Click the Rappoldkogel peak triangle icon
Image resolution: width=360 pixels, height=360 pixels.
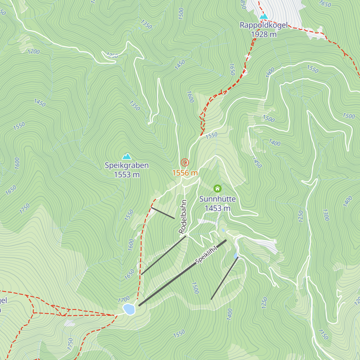263,16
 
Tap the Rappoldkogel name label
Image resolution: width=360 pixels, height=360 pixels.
264,25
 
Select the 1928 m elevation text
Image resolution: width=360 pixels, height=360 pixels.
264,34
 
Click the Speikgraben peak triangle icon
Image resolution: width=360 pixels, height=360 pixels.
127,156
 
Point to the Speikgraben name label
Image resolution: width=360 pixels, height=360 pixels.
127,165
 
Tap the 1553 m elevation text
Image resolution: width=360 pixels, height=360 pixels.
127,175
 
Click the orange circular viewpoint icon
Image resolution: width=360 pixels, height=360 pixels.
185,163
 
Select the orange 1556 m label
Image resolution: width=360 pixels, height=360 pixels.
185,173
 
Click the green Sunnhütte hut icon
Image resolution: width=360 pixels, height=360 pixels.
217,188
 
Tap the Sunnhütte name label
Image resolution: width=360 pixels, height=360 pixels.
217,199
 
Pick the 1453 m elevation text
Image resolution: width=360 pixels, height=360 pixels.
217,208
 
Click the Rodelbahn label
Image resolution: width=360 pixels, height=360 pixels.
183,217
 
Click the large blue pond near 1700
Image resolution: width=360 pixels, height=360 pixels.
129,309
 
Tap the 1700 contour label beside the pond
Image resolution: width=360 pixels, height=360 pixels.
124,299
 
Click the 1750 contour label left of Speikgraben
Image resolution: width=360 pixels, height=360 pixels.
25,208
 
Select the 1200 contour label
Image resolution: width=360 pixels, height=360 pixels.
34,52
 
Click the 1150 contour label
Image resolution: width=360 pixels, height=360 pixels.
323,334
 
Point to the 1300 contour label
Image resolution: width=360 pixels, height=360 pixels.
326,215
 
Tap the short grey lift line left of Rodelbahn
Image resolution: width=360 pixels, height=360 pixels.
163,213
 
